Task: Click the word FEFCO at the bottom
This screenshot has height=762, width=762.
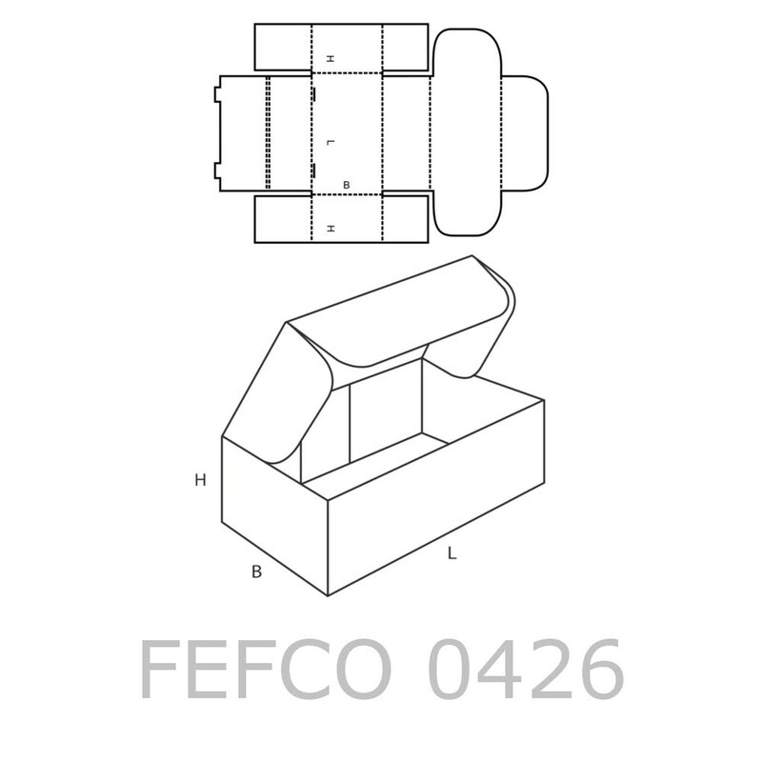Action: click(x=266, y=670)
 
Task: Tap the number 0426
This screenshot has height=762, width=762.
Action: click(x=526, y=670)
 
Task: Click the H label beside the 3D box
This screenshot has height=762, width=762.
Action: click(x=200, y=480)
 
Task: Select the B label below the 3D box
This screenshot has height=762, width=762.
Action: click(x=256, y=572)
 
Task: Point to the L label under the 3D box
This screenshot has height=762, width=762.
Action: click(x=451, y=553)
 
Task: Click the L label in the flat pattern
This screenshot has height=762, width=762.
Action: click(x=331, y=142)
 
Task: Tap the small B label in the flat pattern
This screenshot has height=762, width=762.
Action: click(x=346, y=185)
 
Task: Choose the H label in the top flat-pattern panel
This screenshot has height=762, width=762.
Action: click(x=331, y=59)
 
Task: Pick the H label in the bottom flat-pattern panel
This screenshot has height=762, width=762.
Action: click(x=331, y=229)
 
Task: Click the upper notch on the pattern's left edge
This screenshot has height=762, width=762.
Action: click(x=217, y=94)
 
